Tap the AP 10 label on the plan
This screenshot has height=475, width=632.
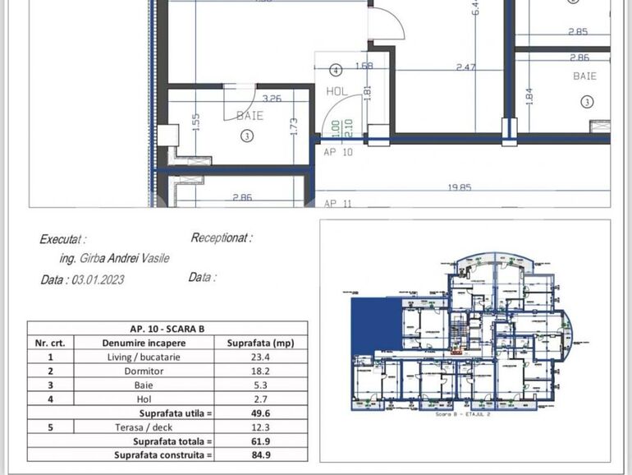point(337,152)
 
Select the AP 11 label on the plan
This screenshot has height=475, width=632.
point(337,203)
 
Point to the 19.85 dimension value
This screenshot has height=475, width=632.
point(459,187)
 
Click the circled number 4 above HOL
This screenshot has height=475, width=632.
point(335,70)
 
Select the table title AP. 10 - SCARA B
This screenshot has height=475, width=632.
point(167,329)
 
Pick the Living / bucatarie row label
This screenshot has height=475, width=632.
point(144,357)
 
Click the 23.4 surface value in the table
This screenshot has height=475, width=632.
point(260,357)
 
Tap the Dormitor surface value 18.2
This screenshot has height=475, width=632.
point(260,371)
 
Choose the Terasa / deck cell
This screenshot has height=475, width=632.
point(144,427)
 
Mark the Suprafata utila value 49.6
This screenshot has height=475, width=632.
point(260,413)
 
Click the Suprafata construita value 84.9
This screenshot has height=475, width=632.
point(260,454)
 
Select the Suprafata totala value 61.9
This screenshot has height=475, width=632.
point(260,440)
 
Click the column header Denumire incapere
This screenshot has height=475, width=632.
point(144,343)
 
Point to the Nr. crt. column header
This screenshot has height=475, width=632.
point(50,343)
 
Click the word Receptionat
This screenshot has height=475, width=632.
point(220,237)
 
